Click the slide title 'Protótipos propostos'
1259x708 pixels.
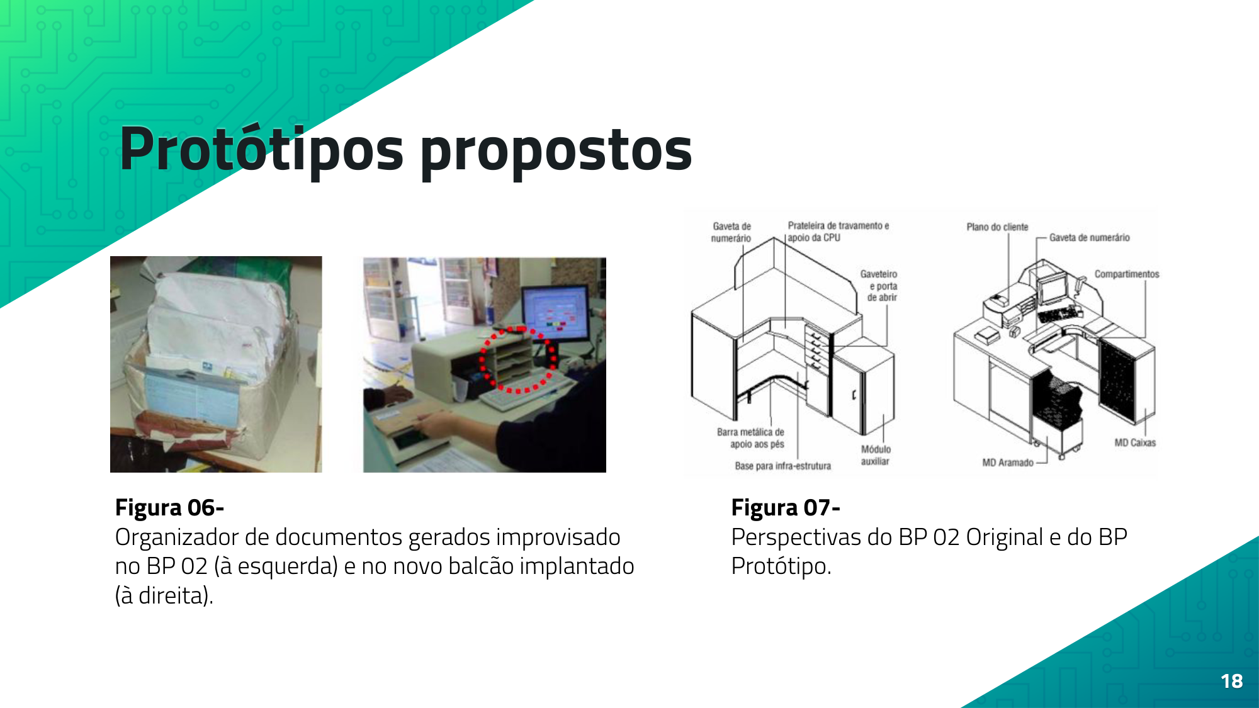tap(406, 150)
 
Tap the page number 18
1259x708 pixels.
tap(1231, 681)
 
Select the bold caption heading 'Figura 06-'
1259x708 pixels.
tap(169, 507)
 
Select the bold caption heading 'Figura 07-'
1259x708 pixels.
tap(786, 507)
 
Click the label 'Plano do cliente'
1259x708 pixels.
tap(997, 227)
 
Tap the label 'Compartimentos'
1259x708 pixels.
tap(1127, 274)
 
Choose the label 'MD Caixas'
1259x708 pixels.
tap(1135, 442)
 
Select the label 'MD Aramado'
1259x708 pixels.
tap(1008, 463)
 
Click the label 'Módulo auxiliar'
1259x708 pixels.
tap(876, 455)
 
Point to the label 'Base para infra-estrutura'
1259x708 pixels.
tap(782, 466)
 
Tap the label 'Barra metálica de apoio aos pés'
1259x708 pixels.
tap(751, 438)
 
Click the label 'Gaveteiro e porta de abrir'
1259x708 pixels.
tap(879, 286)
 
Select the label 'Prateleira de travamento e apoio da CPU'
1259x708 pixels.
tap(838, 232)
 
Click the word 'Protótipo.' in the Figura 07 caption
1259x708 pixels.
tap(781, 566)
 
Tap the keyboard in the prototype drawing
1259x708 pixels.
tap(1058, 313)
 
